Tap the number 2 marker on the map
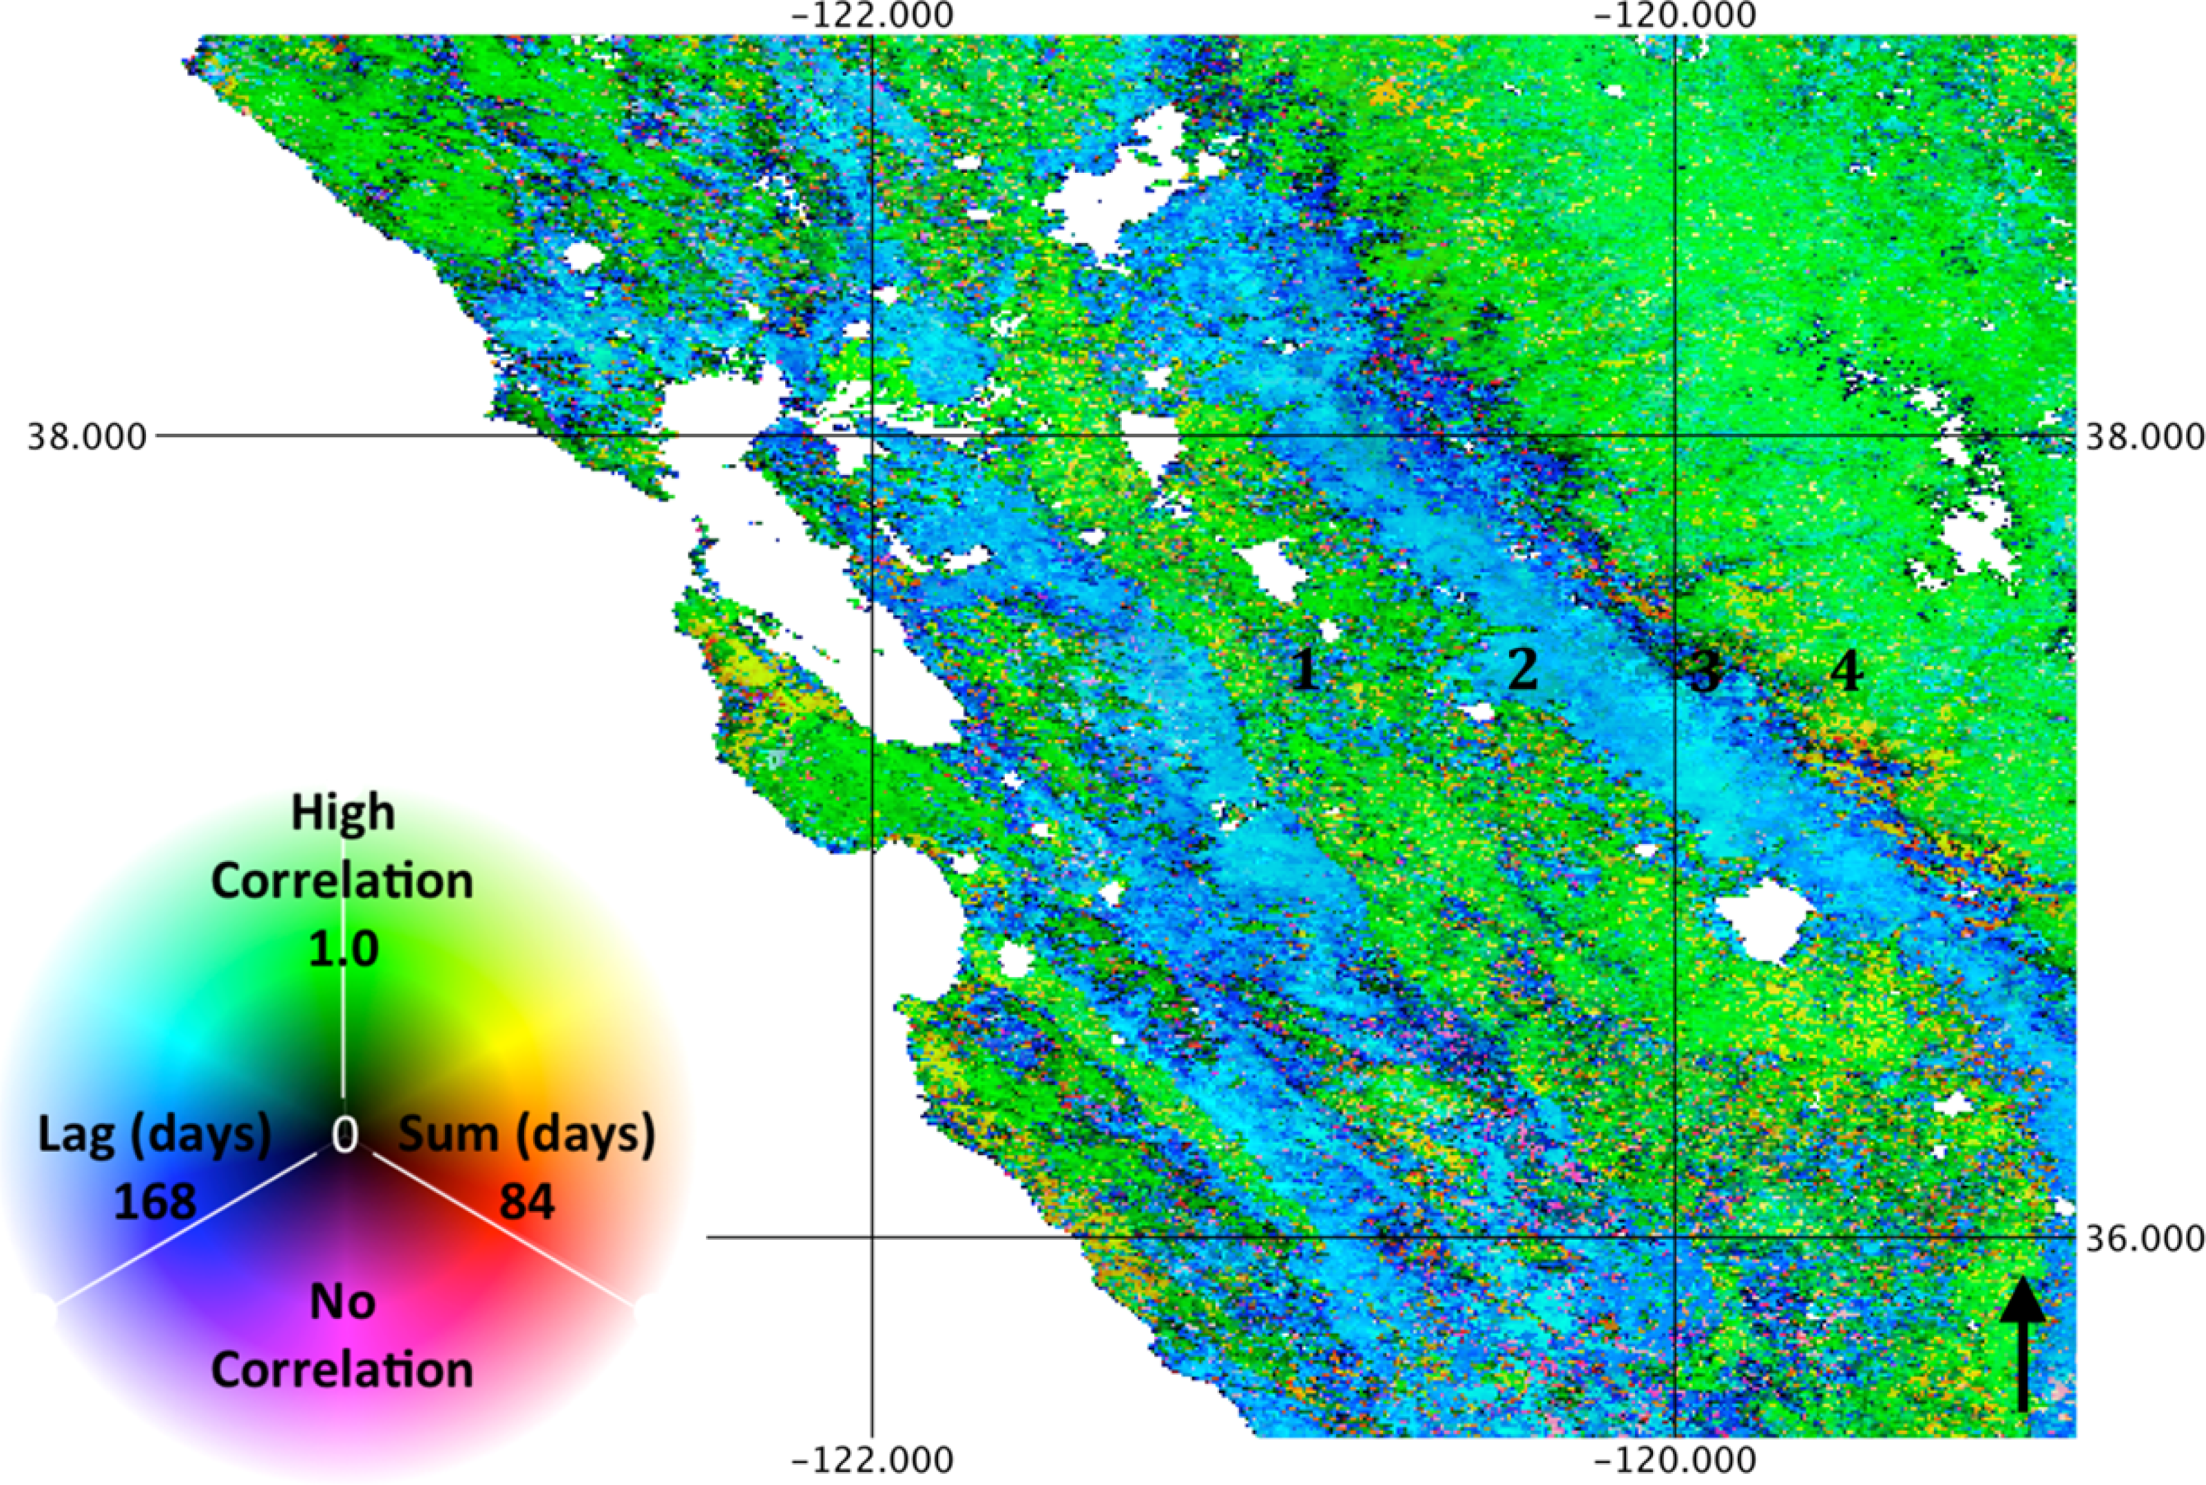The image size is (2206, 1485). click(1522, 670)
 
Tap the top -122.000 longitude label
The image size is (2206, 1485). click(873, 16)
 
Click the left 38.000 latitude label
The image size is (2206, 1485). click(87, 439)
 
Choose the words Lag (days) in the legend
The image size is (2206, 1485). click(154, 1135)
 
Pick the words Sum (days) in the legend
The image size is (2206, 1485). click(527, 1135)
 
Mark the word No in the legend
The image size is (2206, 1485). click(342, 1303)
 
